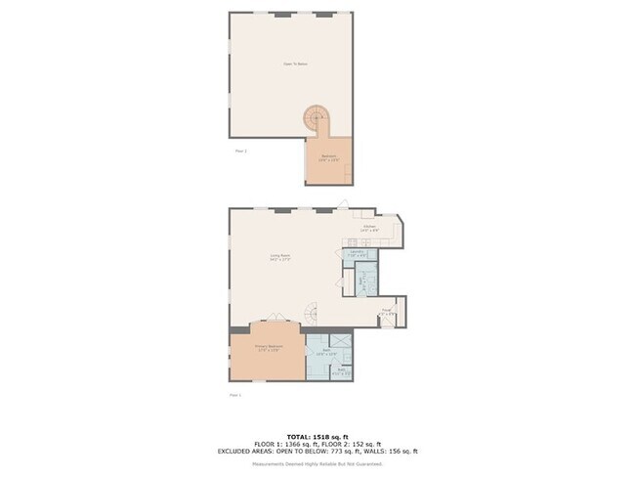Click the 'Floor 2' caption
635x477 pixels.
(241, 152)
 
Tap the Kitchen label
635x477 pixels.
(369, 228)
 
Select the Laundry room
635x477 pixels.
(358, 253)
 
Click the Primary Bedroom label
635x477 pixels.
(268, 347)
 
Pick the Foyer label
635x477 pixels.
(387, 313)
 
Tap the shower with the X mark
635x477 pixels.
(341, 341)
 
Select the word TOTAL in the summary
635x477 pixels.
(299, 437)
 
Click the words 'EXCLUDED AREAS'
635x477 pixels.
(248, 451)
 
